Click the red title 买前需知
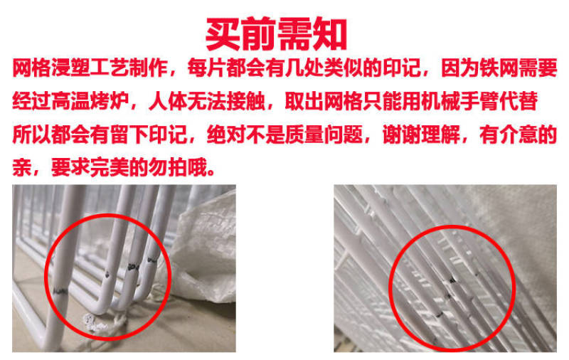point(276,33)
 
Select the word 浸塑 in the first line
point(70,68)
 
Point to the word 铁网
point(499,68)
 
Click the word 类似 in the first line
point(343,68)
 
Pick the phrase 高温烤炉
point(90,101)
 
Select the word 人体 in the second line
point(168,101)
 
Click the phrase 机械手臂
point(459,101)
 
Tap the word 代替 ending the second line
point(519,101)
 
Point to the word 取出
point(304,101)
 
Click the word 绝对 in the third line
point(226,134)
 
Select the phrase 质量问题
point(324,134)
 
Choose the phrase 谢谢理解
point(421,134)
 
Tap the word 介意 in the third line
point(519,134)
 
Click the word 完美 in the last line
point(110,167)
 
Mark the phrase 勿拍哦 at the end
point(178,167)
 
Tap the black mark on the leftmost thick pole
point(60,291)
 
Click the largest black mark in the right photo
point(452,280)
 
